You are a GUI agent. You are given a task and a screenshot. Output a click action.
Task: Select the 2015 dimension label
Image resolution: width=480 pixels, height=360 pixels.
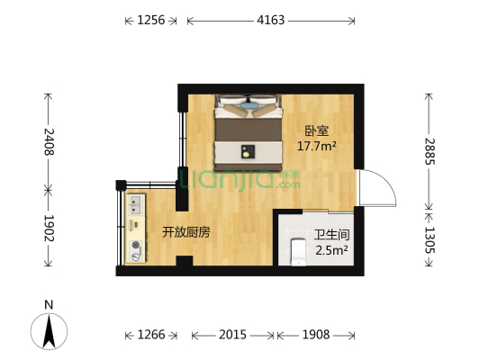pyautogui.click(x=232, y=335)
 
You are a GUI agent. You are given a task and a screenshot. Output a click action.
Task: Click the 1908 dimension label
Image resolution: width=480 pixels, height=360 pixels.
pyautogui.click(x=315, y=335)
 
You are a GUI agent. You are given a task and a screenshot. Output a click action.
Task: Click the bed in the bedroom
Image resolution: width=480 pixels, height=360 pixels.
pyautogui.click(x=248, y=130)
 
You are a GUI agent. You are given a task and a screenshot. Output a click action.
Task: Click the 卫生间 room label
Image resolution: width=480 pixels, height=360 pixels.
pyautogui.click(x=329, y=236)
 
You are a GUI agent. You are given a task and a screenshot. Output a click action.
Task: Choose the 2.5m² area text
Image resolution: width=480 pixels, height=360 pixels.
pyautogui.click(x=331, y=251)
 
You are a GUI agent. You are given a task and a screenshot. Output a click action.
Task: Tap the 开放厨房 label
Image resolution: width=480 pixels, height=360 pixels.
pyautogui.click(x=186, y=232)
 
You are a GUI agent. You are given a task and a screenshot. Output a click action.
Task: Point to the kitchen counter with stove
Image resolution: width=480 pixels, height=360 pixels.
pyautogui.click(x=137, y=229)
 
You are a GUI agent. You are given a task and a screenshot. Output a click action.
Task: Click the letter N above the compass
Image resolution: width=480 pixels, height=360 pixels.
pyautogui.click(x=50, y=303)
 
